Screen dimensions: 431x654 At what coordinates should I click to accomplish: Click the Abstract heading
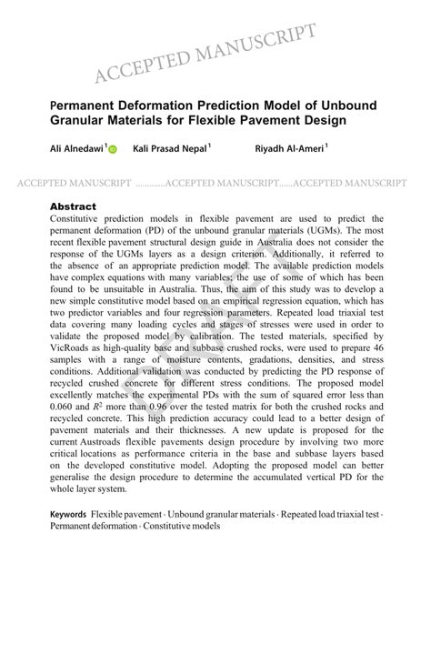click(x=73, y=206)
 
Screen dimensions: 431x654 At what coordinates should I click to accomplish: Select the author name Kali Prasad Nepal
click(x=169, y=147)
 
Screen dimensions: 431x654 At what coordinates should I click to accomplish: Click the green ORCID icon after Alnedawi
click(x=113, y=148)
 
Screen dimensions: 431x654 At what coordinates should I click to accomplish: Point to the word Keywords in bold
click(x=68, y=514)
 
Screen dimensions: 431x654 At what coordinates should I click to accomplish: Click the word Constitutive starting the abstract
click(x=81, y=219)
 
